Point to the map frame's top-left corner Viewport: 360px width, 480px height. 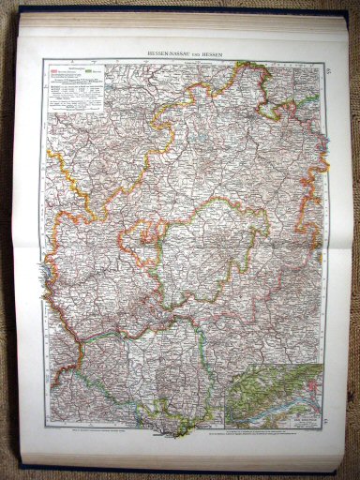42,61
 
